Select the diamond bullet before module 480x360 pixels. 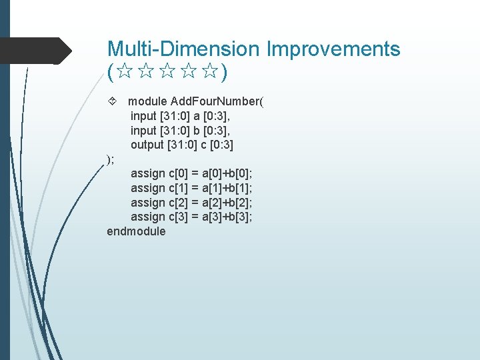click(113, 101)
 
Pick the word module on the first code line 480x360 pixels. click(147, 101)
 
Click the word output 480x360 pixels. click(147, 145)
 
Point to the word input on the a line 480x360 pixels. click(143, 116)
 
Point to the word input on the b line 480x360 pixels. click(143, 130)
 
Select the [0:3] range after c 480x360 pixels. click(221, 145)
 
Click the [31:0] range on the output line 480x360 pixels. click(183, 145)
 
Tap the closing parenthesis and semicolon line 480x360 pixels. click(111, 159)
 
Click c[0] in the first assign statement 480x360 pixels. click(178, 173)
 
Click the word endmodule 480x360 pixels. click(136, 231)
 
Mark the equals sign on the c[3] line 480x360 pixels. click(195, 217)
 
